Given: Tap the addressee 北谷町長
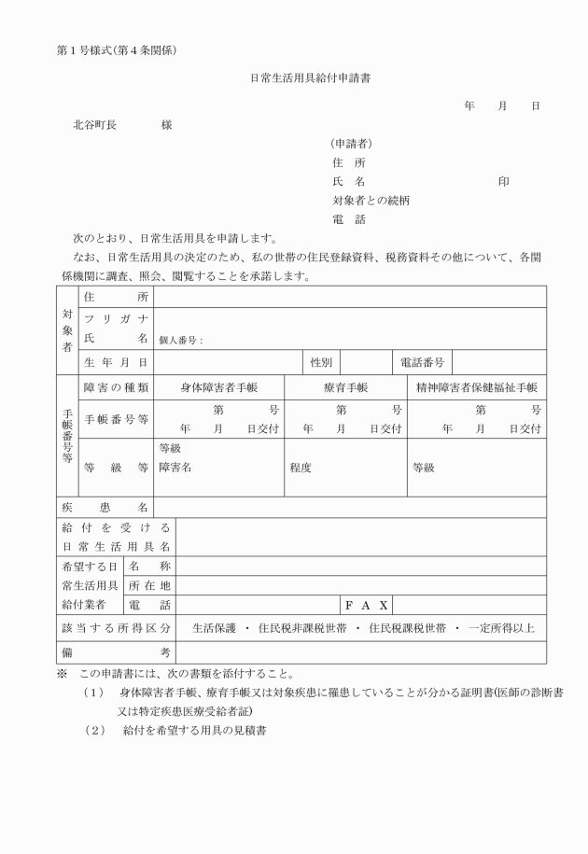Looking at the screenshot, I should tap(95, 125).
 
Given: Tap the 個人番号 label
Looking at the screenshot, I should tap(180, 341).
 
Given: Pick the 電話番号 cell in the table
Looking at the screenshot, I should tap(421, 362).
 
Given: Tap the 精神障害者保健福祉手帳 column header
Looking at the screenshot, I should tap(477, 387).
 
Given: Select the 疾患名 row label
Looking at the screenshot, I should tap(105, 507).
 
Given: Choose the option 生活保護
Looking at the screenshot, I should tap(216, 628).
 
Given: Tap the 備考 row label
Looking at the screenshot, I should tap(105, 651).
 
